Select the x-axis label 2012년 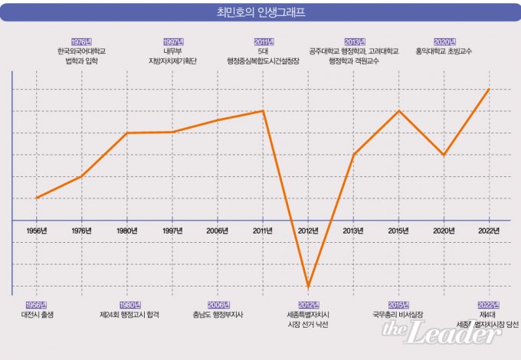pyautogui.click(x=308, y=230)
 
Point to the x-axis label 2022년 pyautogui.click(x=489, y=230)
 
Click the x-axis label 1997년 pyautogui.click(x=172, y=230)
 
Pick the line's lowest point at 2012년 pyautogui.click(x=308, y=286)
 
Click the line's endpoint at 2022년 pyautogui.click(x=489, y=89)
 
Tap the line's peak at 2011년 pyautogui.click(x=263, y=111)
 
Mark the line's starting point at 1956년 pyautogui.click(x=36, y=198)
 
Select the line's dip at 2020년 pyautogui.click(x=444, y=155)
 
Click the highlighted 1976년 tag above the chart pyautogui.click(x=81, y=41)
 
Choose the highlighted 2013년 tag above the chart pyautogui.click(x=354, y=41)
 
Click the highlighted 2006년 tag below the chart pyautogui.click(x=218, y=305)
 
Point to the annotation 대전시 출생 pyautogui.click(x=36, y=315)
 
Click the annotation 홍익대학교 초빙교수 pyautogui.click(x=444, y=51)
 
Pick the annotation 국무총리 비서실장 pyautogui.click(x=398, y=315)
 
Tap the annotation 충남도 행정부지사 pyautogui.click(x=218, y=315)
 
